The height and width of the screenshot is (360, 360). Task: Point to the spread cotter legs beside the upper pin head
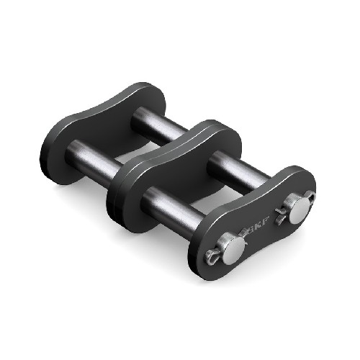click(280, 215)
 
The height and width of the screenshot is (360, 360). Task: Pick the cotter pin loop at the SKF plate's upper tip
click(311, 196)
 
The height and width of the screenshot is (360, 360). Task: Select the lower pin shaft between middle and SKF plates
click(173, 210)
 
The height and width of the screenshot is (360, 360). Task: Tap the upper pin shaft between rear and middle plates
click(157, 125)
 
